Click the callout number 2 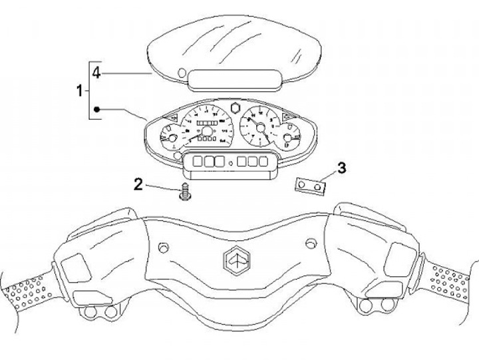click(138, 184)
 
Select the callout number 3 click(341, 168)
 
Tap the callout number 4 click(96, 73)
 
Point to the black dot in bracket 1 click(97, 108)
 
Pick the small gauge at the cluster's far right click(288, 140)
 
